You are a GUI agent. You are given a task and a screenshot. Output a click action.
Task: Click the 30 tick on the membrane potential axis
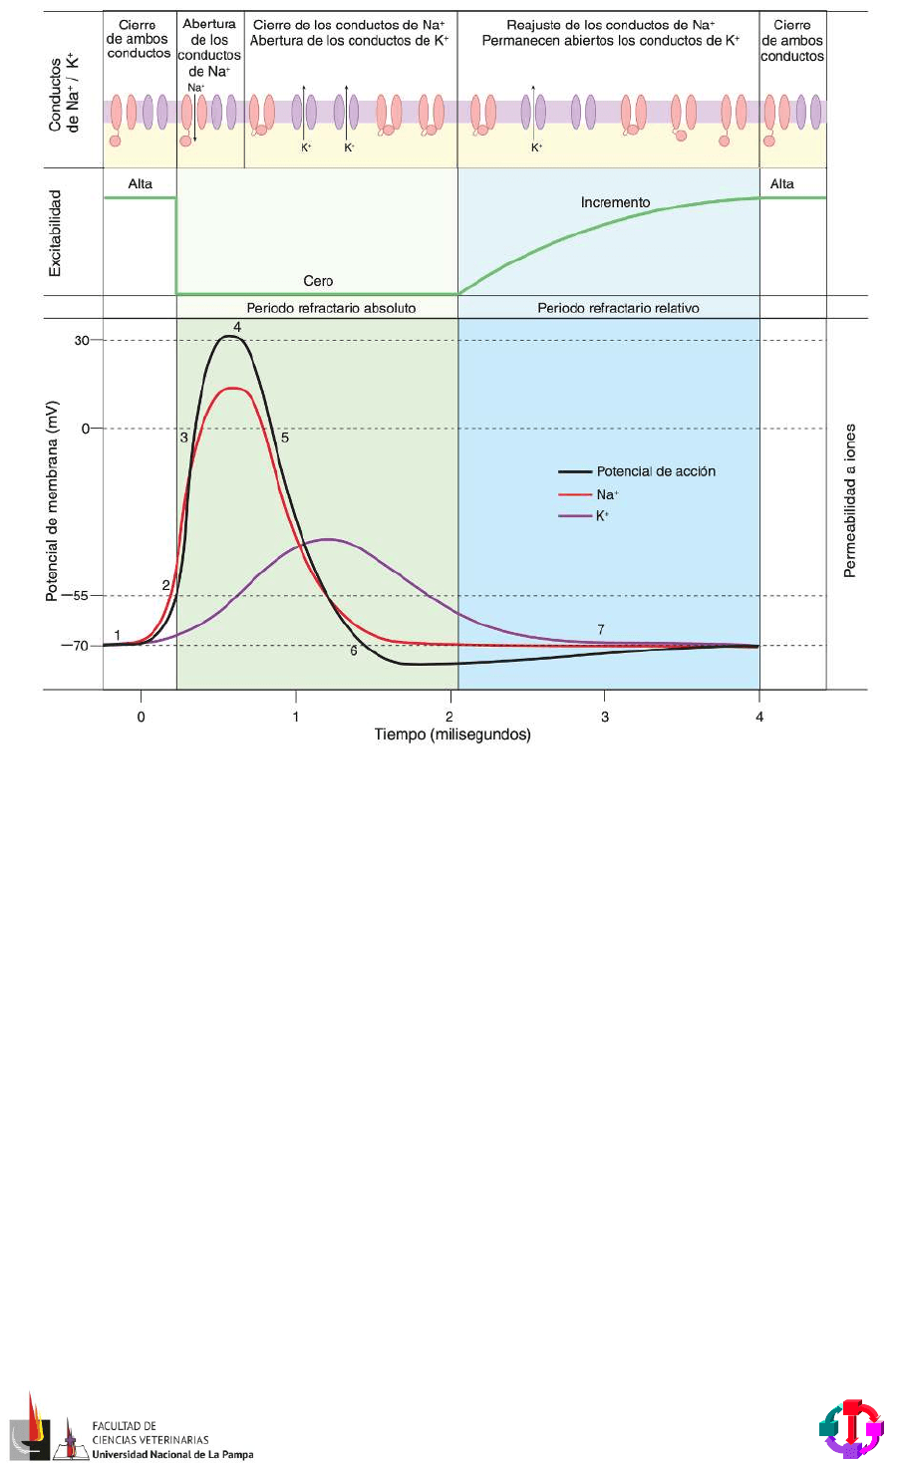click(x=81, y=341)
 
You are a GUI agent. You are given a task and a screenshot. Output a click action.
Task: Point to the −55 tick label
click(x=74, y=596)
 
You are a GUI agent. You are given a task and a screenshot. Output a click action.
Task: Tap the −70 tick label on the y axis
click(x=74, y=646)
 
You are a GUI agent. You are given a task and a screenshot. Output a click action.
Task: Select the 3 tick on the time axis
click(x=605, y=717)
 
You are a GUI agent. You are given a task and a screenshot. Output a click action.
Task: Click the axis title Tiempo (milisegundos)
click(x=452, y=735)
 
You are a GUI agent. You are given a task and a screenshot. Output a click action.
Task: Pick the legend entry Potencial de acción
click(x=655, y=471)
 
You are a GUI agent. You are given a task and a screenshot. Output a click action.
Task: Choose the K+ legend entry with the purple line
click(x=602, y=515)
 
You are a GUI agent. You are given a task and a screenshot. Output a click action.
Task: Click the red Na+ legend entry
click(x=606, y=494)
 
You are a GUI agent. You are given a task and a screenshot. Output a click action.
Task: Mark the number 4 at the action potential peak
click(x=237, y=327)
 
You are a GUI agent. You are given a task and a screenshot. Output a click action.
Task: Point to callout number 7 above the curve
click(x=601, y=630)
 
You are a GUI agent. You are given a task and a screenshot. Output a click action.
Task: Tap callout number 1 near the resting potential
click(x=118, y=636)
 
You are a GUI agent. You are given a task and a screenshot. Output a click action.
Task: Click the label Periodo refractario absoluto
click(x=331, y=308)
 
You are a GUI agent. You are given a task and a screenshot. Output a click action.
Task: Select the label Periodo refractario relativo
click(x=618, y=308)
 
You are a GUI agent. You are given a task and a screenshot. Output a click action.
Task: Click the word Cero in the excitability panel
click(x=318, y=281)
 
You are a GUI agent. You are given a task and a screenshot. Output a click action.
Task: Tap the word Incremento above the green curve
click(x=615, y=202)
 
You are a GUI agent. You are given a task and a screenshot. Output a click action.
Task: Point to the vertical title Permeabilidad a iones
click(x=850, y=500)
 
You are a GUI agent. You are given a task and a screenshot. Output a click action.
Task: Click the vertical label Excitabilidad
click(x=56, y=233)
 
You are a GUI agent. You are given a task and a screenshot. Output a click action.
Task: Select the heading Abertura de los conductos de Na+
click(x=209, y=48)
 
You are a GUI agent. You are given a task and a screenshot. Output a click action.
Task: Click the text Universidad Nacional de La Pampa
click(x=172, y=1454)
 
